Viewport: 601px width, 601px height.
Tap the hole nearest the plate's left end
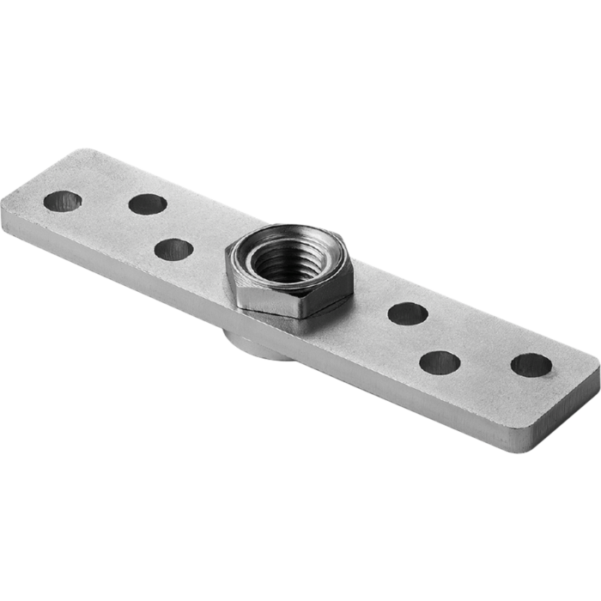62,202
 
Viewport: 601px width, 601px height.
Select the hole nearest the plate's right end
531,365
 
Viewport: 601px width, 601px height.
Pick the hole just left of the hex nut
174,248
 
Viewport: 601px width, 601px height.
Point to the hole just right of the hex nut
408,314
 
